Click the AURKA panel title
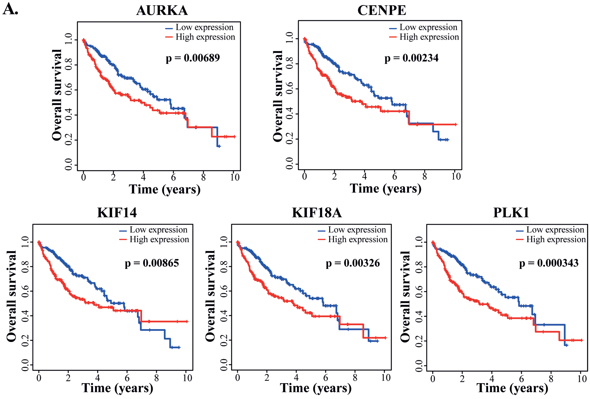[162, 11]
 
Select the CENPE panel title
[382, 11]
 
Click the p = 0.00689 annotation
[193, 58]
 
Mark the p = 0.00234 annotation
[411, 58]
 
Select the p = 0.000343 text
[549, 263]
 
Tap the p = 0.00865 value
[152, 263]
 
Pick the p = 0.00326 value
[353, 263]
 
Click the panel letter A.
[10, 10]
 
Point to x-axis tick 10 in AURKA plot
[235, 177]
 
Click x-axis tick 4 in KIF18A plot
[296, 378]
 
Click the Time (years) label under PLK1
[512, 388]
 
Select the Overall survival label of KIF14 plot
[11, 296]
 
